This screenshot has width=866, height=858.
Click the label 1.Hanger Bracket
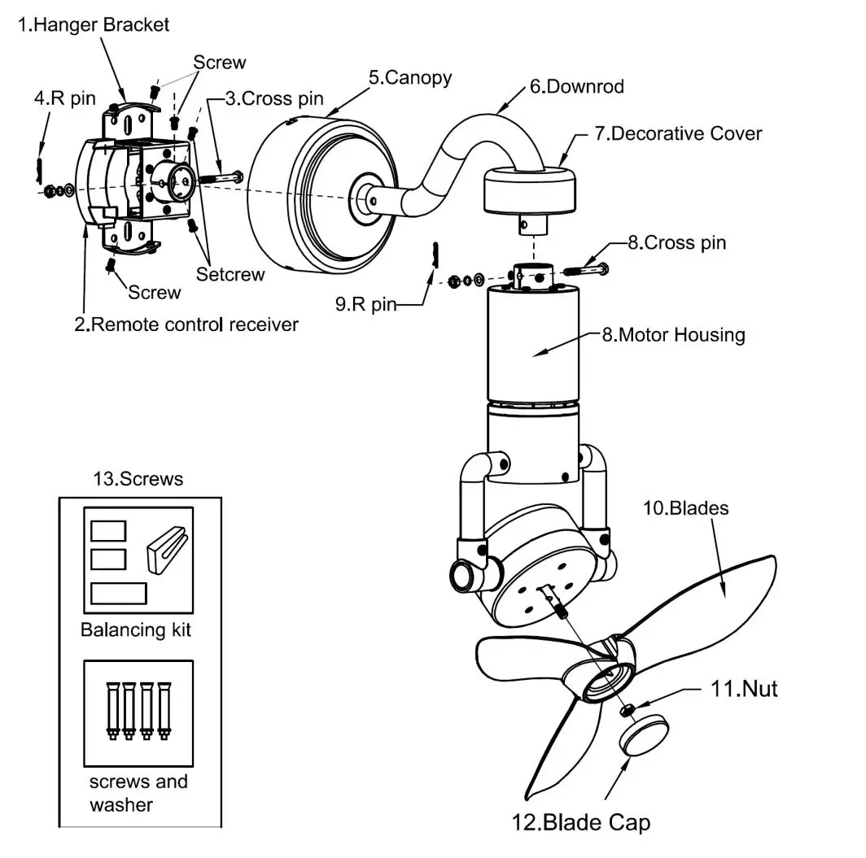pos(94,24)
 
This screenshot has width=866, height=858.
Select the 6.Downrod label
pos(576,86)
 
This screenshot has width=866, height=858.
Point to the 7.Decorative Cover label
pos(677,133)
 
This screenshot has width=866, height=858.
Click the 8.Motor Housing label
pos(673,333)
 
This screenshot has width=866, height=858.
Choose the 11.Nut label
pos(744,689)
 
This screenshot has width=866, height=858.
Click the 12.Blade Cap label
pos(581,822)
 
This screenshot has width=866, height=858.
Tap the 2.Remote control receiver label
pos(186,324)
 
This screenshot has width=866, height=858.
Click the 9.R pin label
pos(365,305)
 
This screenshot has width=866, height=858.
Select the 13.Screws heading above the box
pos(140,479)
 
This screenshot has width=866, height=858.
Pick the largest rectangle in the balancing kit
pos(118,593)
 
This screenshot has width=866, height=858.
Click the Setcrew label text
pos(230,274)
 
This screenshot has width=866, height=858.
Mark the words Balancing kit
pos(136,629)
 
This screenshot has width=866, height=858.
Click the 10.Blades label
pos(685,509)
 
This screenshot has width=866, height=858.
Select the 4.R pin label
pos(65,99)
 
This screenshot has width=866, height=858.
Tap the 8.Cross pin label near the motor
pos(676,242)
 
